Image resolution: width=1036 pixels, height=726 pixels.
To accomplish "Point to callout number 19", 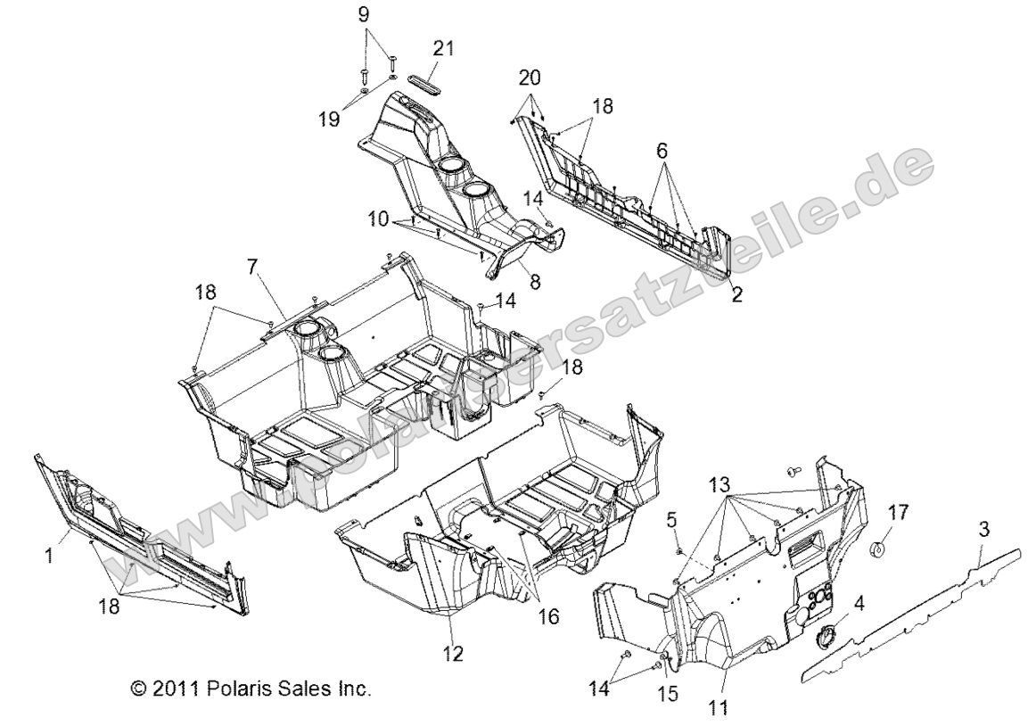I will tap(331, 118).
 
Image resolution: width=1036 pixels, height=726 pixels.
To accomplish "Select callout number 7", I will tap(252, 266).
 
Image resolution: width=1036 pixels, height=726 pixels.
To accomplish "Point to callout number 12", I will tap(453, 654).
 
